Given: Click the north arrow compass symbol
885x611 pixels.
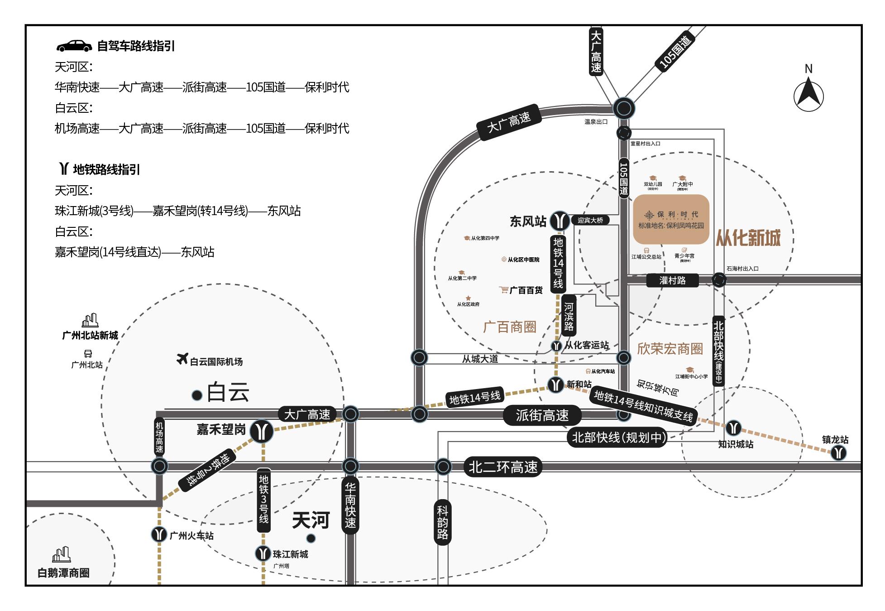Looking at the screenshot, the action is coord(808,96).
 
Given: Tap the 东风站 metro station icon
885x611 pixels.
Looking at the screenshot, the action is coord(560,221).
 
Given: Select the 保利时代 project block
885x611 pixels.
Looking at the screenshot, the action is coord(671,219).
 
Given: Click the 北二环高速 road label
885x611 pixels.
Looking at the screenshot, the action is coord(503,467).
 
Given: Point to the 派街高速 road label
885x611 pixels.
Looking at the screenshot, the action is coord(542,415).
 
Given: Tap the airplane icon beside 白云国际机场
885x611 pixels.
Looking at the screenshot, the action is coord(182,359).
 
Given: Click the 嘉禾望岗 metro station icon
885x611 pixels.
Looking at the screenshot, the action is coord(262,431).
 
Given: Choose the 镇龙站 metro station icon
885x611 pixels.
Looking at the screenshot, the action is coord(839,452).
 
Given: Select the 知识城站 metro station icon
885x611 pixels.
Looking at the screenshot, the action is coord(734,428).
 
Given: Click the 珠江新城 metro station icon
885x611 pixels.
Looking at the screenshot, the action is coord(263,553).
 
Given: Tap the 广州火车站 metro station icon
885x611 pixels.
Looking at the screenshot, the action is coord(159,534).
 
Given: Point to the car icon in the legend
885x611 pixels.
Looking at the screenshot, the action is coord(74,46).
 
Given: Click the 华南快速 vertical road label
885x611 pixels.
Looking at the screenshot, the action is coord(350,505).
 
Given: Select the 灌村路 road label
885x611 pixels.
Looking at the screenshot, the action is coord(672,280).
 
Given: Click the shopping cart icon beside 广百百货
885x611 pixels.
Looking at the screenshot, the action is coord(504,290).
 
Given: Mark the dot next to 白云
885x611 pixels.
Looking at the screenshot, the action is coord(197,395).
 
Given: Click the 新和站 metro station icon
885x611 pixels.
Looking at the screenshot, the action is coord(555,385).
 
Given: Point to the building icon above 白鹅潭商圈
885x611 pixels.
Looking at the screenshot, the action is coord(62,554).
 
